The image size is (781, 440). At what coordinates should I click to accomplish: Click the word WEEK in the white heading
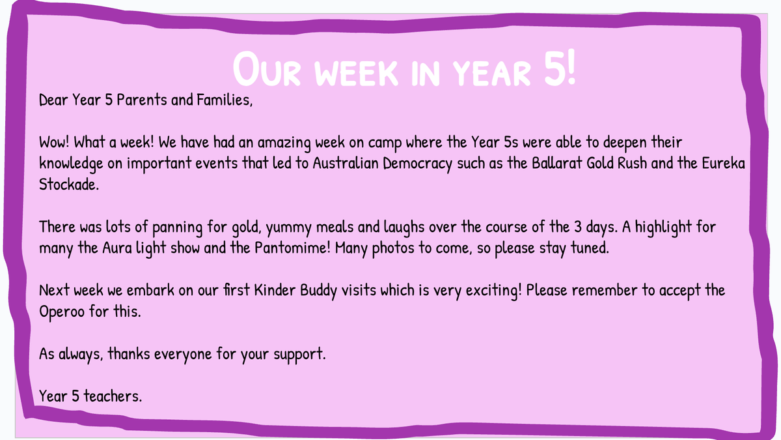pyautogui.click(x=356, y=72)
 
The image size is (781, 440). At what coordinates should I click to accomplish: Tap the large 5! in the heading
pyautogui.click(x=559, y=67)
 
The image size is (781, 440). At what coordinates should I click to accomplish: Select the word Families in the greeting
pyautogui.click(x=225, y=100)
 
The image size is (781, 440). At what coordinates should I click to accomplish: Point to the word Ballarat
pyautogui.click(x=557, y=163)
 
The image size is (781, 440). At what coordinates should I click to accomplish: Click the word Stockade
pyautogui.click(x=69, y=184)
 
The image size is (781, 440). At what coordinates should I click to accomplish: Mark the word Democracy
pyautogui.click(x=417, y=164)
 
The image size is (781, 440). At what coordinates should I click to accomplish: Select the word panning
pyautogui.click(x=178, y=227)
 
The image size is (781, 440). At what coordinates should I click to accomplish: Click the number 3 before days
pyautogui.click(x=578, y=227)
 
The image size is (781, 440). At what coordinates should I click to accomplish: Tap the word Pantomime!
pyautogui.click(x=292, y=248)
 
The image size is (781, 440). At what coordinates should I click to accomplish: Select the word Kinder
pyautogui.click(x=275, y=290)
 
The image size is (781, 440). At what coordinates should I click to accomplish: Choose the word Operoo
pyautogui.click(x=62, y=312)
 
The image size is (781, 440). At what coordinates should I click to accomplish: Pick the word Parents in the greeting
pyautogui.click(x=142, y=100)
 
